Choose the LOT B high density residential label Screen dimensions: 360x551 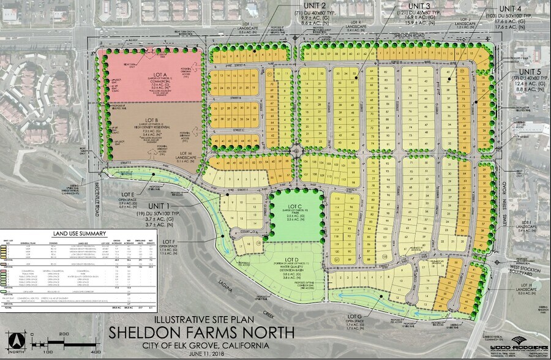[x=150, y=121]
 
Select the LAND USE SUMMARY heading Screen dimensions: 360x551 [x=80, y=233]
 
